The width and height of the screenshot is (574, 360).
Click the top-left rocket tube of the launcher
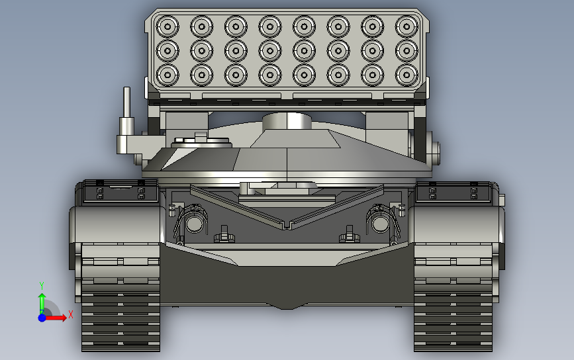167,27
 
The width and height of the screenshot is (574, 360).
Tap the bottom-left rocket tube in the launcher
167,75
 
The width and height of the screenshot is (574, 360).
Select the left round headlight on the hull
194,224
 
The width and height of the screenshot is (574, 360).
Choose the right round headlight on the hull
380,224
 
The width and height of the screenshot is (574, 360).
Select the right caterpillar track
454,298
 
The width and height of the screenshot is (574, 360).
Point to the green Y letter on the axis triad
42,285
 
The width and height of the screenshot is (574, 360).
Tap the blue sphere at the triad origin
42,318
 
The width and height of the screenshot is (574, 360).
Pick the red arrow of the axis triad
56,318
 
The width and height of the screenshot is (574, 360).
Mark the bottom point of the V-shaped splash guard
287,227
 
